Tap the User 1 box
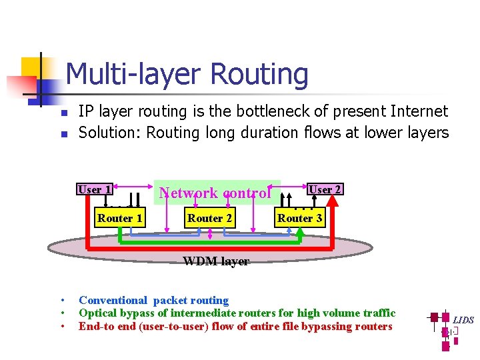[x=94, y=189]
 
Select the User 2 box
[x=325, y=189]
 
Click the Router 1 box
[x=119, y=218]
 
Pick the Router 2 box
[x=209, y=218]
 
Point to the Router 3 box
[x=299, y=218]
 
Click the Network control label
[x=215, y=193]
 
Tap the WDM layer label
[x=216, y=261]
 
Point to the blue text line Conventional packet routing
[x=153, y=300]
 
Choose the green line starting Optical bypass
[x=237, y=313]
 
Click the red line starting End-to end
[x=235, y=326]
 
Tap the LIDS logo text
[x=463, y=320]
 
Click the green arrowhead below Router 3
[x=299, y=232]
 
